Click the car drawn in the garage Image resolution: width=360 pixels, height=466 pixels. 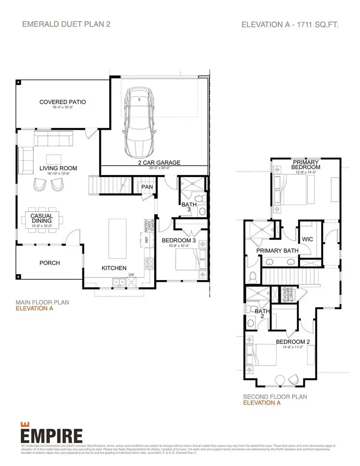pyautogui.click(x=138, y=122)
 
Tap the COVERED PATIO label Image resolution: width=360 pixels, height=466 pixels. pyautogui.click(x=62, y=102)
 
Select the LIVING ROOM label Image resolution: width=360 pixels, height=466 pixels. pyautogui.click(x=58, y=168)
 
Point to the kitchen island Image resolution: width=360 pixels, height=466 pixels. pyautogui.click(x=116, y=238)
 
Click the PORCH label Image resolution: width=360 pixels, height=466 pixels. pyautogui.click(x=50, y=263)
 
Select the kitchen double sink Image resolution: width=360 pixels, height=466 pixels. pyautogui.click(x=119, y=282)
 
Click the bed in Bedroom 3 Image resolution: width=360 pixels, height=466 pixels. pyautogui.click(x=191, y=261)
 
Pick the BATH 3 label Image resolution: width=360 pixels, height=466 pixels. pyautogui.click(x=189, y=207)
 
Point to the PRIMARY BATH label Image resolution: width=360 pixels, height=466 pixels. pyautogui.click(x=277, y=251)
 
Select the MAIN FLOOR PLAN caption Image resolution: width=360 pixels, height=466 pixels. pyautogui.click(x=42, y=302)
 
